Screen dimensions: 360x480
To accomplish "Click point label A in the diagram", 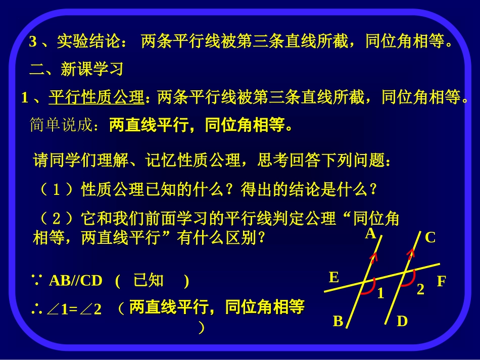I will [370, 233].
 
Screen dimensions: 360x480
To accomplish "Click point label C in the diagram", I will [430, 237].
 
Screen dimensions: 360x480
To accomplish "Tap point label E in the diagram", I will [333, 277].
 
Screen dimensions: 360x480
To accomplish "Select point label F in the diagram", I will [442, 281].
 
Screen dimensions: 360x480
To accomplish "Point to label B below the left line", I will [338, 321].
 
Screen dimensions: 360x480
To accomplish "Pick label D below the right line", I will [402, 321].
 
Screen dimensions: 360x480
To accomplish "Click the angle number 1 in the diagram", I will [380, 293].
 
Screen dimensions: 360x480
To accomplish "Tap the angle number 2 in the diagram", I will [420, 290].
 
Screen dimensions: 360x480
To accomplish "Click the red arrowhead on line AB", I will [374, 259].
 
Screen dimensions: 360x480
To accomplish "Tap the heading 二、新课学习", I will [76, 69].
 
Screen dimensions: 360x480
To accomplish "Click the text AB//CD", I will [75, 281].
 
